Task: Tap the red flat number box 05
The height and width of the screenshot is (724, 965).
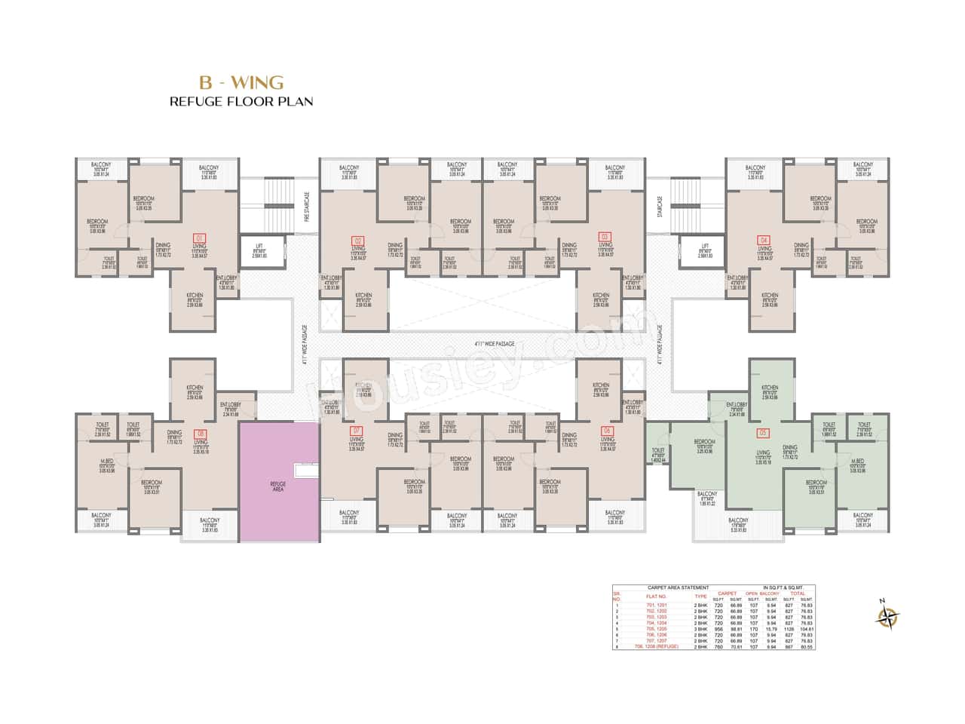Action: (x=763, y=433)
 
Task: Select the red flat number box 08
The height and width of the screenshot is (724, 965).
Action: (x=200, y=434)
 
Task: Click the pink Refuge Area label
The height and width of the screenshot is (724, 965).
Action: (x=278, y=485)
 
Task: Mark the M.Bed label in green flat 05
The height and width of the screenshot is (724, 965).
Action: (x=857, y=463)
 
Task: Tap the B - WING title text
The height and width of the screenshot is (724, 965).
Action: (x=240, y=82)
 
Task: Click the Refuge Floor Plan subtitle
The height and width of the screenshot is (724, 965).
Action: (x=241, y=101)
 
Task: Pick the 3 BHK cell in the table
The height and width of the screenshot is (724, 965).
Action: (x=700, y=628)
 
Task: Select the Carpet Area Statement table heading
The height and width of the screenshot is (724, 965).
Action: (x=679, y=587)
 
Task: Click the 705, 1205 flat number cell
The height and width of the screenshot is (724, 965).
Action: (x=656, y=628)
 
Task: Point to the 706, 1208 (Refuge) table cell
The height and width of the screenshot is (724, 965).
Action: (x=657, y=646)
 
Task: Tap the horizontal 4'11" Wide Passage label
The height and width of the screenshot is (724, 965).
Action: (x=495, y=344)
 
